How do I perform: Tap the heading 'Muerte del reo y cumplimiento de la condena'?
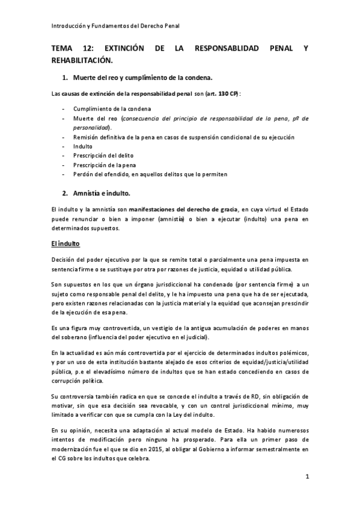pyautogui.click(x=142, y=78)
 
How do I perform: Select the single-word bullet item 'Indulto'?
pyautogui.click(x=82, y=146)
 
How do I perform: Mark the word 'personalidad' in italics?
pyautogui.click(x=90, y=128)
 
